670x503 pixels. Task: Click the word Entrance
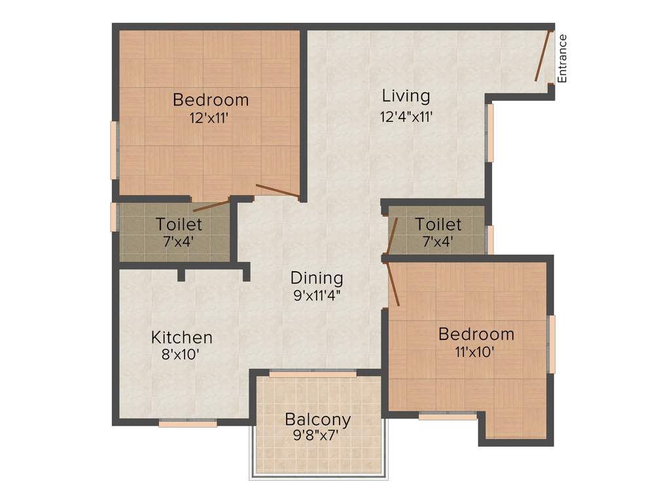(561, 58)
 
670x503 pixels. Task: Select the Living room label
(406, 96)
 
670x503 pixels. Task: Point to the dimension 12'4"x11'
(406, 117)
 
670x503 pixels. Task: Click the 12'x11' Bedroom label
(211, 100)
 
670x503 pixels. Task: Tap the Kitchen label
(182, 338)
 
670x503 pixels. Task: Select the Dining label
(317, 277)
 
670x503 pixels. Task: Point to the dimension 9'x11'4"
(317, 295)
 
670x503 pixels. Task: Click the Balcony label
(317, 419)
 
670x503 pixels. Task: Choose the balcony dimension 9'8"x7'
(317, 436)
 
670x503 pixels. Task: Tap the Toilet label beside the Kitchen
(179, 225)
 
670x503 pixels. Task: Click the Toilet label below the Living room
(438, 225)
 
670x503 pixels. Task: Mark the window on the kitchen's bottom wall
(188, 424)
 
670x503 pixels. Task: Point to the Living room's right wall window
(489, 133)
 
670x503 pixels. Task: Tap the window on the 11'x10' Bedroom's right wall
(551, 344)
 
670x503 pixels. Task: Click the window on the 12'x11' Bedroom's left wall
(114, 150)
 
